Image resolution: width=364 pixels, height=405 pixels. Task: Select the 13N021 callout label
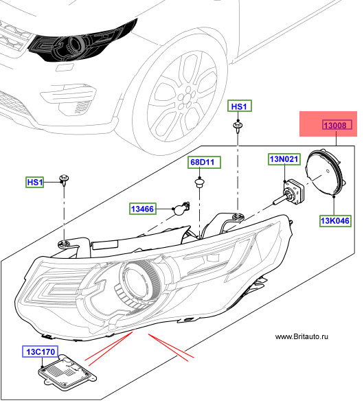(284, 159)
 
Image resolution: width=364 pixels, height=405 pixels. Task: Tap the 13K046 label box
(335, 221)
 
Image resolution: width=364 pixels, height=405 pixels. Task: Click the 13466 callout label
(143, 209)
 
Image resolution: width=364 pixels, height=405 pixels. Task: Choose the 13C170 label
(40, 351)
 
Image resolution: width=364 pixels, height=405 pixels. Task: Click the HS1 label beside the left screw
(34, 183)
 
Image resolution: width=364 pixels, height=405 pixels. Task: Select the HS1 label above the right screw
(240, 106)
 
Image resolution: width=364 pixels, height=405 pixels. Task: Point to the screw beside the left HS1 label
(64, 179)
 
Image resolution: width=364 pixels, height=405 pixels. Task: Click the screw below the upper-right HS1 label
(238, 126)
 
